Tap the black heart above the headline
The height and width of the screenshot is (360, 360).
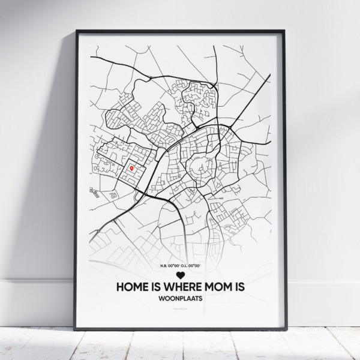coord(180,275)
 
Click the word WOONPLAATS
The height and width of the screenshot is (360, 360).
coord(180,299)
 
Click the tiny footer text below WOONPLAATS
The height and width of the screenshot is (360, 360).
coord(180,310)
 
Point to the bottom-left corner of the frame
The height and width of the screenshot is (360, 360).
coord(75,329)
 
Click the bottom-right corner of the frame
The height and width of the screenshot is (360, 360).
coord(286,329)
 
